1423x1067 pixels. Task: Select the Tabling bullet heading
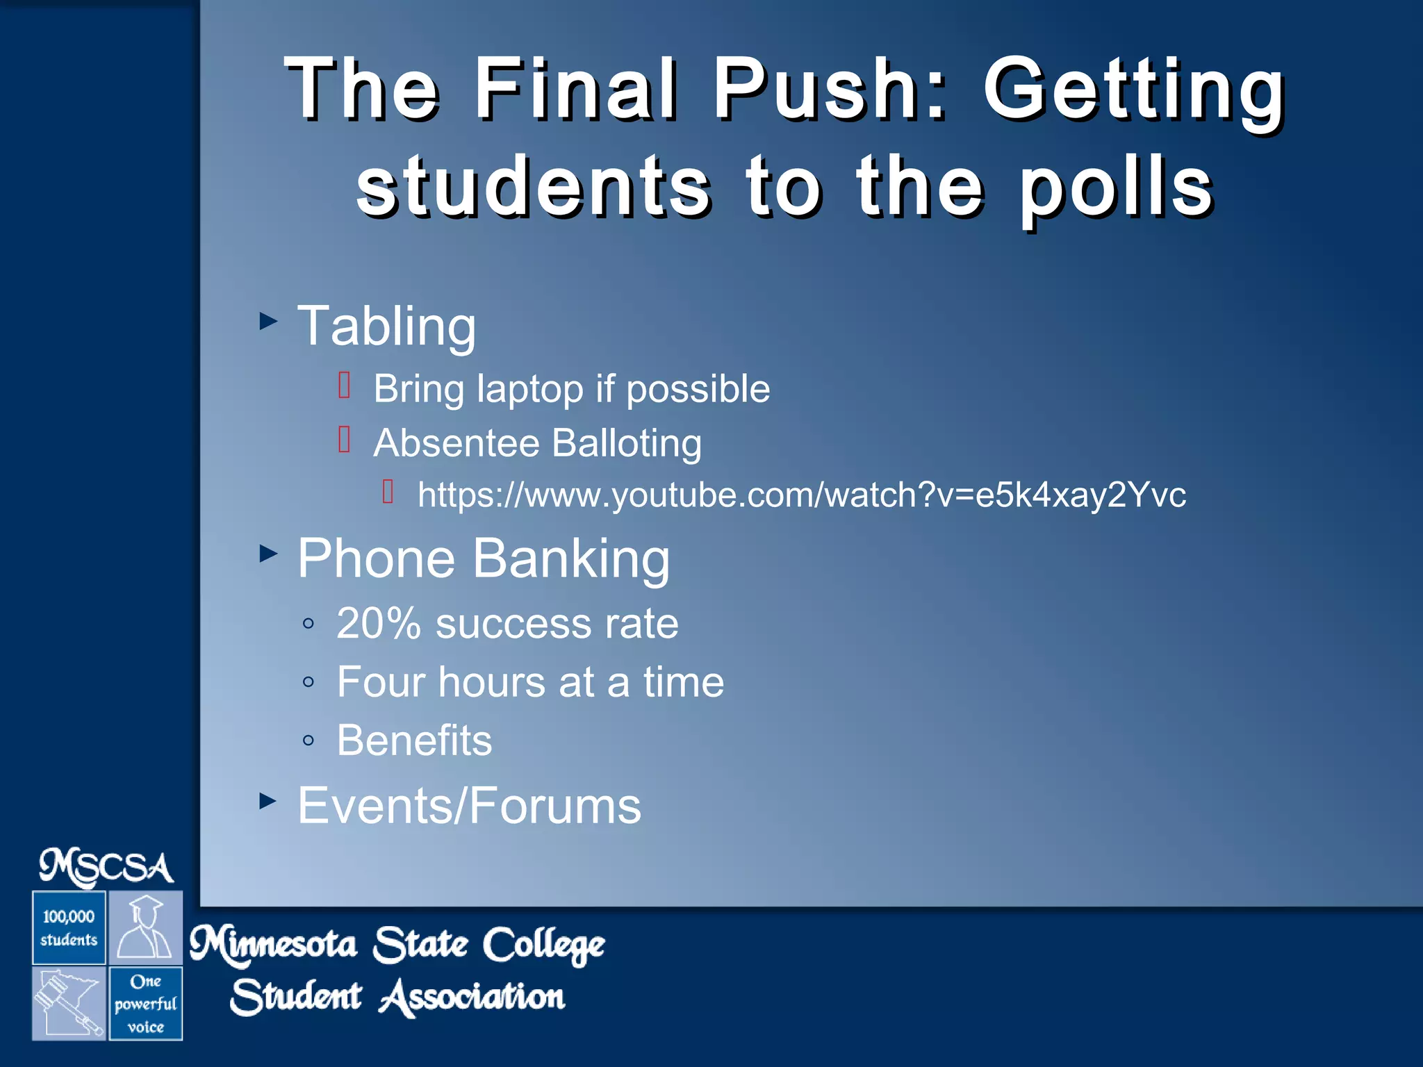(386, 326)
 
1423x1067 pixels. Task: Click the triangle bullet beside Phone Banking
(268, 554)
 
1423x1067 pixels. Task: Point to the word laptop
(529, 389)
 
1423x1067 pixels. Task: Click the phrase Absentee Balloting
(537, 443)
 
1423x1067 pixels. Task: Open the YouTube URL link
(801, 495)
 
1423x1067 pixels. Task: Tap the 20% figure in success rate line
(379, 623)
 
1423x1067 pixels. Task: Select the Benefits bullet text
(414, 740)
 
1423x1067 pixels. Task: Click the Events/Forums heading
(469, 806)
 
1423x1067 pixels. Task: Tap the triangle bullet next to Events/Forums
(268, 801)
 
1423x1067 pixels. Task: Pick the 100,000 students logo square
(69, 928)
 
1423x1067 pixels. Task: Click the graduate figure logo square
(146, 928)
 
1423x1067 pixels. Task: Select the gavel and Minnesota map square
(69, 1004)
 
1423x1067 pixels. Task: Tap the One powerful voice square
(146, 1004)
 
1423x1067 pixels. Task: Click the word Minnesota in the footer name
(274, 945)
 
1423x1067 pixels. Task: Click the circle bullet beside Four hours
(309, 682)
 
